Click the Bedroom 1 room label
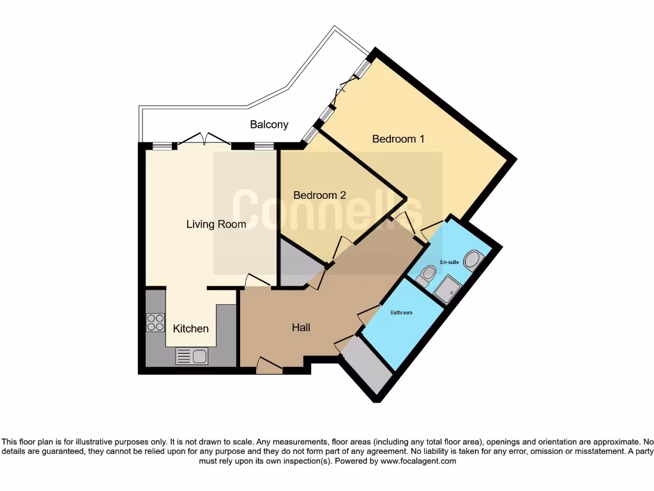click(x=398, y=139)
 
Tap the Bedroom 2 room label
click(x=319, y=195)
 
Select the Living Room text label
click(x=216, y=224)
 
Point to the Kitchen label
click(x=191, y=329)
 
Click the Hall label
click(x=301, y=327)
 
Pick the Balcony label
click(x=269, y=125)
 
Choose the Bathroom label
click(x=402, y=313)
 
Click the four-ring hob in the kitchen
click(x=155, y=322)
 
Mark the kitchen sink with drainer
click(x=192, y=356)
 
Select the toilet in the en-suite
click(x=425, y=276)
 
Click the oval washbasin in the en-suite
click(x=473, y=259)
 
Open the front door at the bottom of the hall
click(x=269, y=366)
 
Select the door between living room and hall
click(x=257, y=280)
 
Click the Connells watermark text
click(x=326, y=209)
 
